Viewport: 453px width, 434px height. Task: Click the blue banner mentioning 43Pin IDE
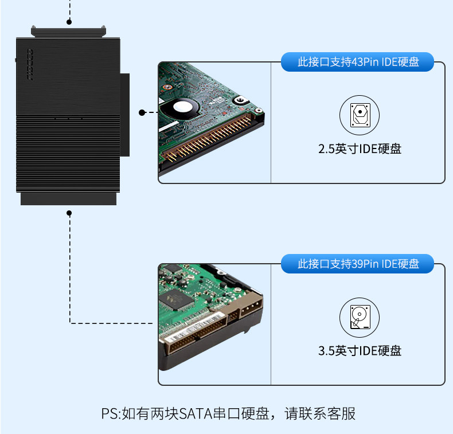tap(358, 62)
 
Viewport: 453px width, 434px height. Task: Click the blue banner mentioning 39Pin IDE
tap(358, 264)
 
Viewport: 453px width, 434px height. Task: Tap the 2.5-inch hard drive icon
tap(360, 115)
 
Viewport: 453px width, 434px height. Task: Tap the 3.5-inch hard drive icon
tap(360, 317)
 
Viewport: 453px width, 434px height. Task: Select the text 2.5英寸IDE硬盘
tap(360, 149)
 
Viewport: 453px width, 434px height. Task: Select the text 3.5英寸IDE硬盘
tap(360, 351)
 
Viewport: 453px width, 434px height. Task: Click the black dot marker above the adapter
tap(69, 22)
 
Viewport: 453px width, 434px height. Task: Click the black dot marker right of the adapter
tap(142, 112)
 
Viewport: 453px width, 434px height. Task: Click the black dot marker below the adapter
tap(69, 213)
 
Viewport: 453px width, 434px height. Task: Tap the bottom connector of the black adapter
tap(68, 198)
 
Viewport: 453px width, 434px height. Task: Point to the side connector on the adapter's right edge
tap(125, 115)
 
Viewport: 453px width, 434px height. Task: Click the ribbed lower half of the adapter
tap(68, 152)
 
